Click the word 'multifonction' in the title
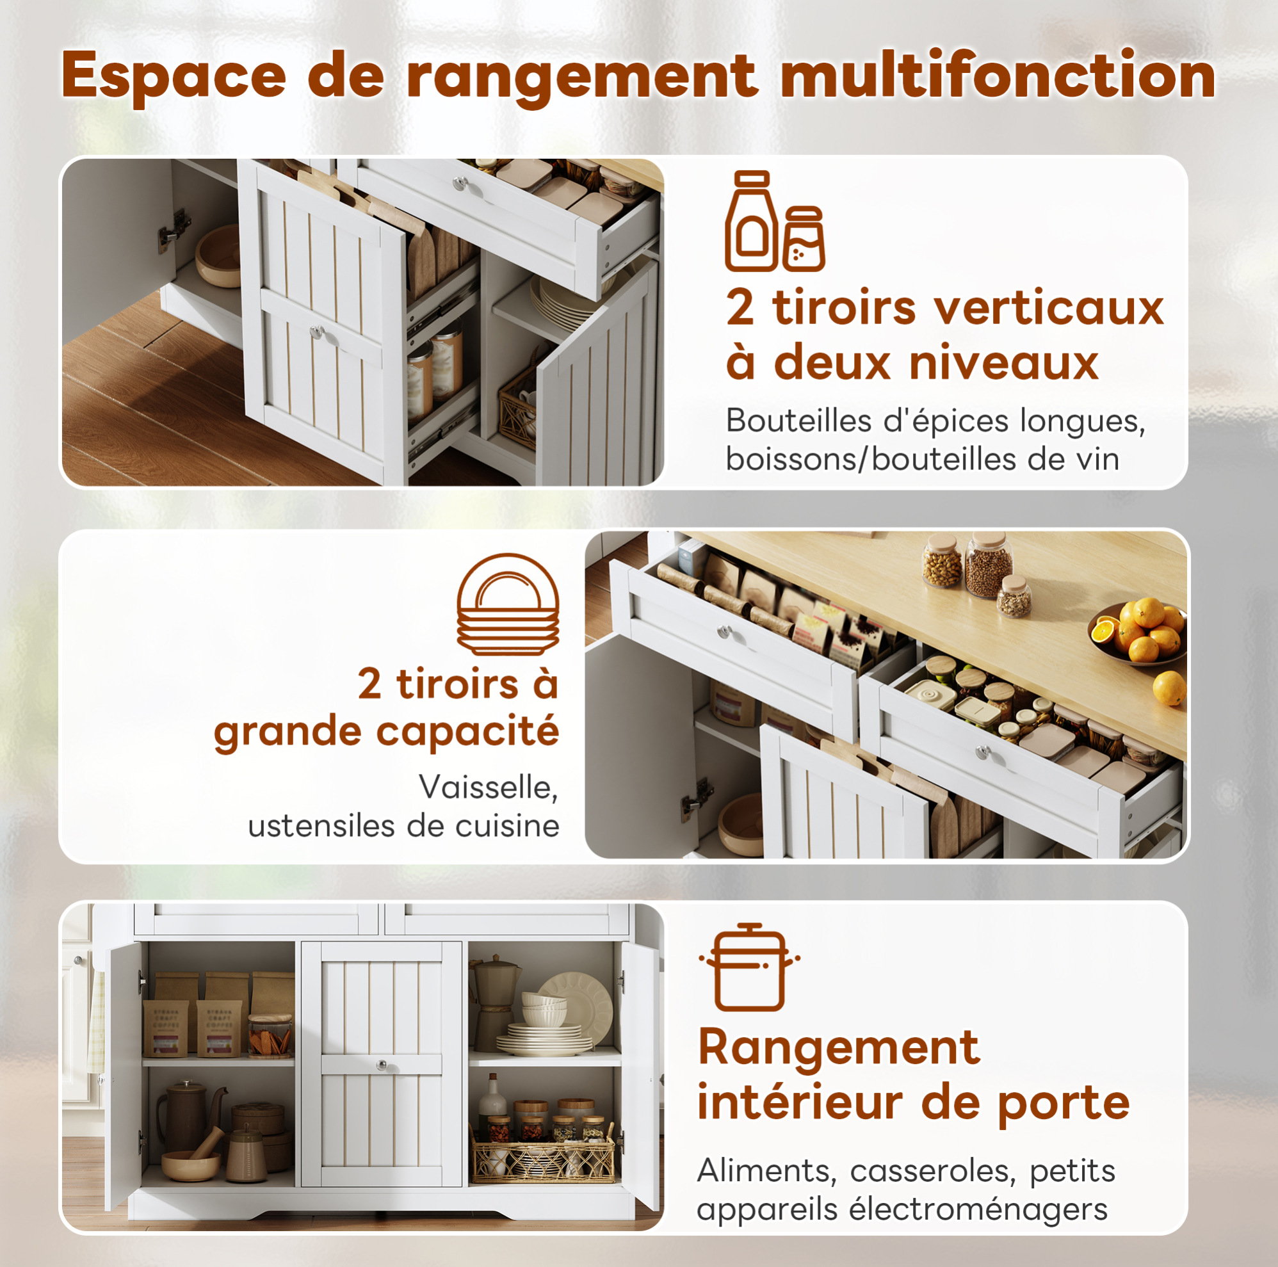[x=998, y=76]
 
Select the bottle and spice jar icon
[x=775, y=221]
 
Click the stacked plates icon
[x=508, y=604]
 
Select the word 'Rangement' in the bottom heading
[x=839, y=1048]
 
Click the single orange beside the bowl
[x=1170, y=688]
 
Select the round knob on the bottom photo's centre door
[x=382, y=1065]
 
